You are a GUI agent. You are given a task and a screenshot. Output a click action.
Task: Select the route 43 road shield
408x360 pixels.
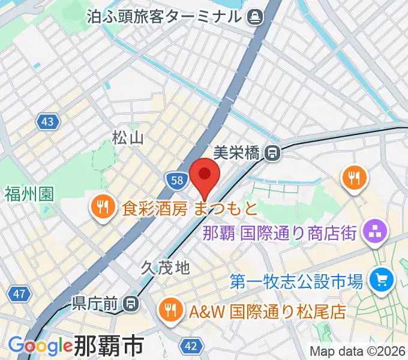coord(47,122)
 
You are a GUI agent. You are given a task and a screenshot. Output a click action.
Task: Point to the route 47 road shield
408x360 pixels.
coord(19,294)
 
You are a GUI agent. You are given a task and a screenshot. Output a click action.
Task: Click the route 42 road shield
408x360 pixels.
coord(190,347)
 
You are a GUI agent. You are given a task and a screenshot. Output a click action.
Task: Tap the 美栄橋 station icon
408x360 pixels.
coord(273,153)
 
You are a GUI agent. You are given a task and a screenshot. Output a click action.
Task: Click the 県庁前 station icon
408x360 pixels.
coord(131,304)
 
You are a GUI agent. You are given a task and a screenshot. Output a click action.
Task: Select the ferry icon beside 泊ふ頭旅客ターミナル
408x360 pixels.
coord(256,16)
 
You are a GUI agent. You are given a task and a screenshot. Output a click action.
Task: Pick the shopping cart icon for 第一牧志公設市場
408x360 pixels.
coord(380,279)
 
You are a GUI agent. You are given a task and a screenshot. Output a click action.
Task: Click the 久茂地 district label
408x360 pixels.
coord(166,268)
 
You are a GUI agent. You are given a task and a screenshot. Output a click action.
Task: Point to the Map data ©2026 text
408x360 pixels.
coord(358,352)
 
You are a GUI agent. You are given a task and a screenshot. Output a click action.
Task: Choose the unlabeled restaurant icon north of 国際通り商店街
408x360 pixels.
coord(355,178)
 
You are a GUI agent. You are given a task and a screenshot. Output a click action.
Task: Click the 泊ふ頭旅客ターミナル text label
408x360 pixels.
coord(165,16)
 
